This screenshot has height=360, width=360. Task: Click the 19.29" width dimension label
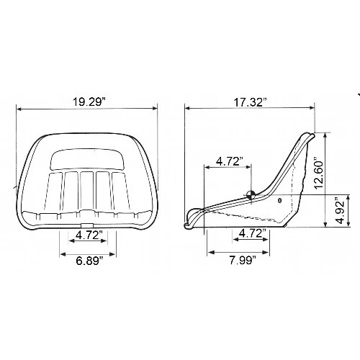pos(86,102)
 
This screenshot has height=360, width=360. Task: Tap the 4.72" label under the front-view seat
pos(86,234)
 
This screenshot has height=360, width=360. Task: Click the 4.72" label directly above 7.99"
pos(249,234)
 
